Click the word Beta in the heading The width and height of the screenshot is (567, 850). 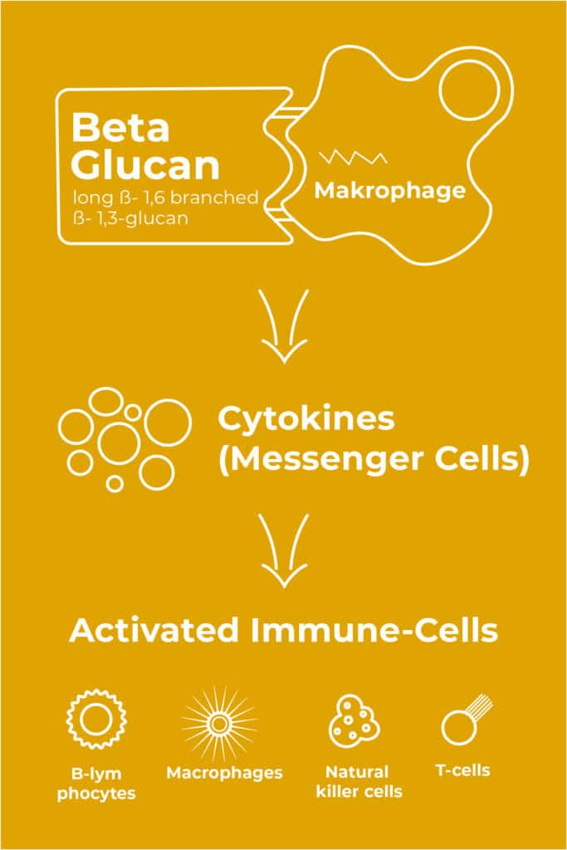pyautogui.click(x=120, y=129)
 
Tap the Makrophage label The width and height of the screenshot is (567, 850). pyautogui.click(x=389, y=190)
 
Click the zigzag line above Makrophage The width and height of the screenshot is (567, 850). pyautogui.click(x=353, y=158)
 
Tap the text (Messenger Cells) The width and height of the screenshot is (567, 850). pyautogui.click(x=373, y=460)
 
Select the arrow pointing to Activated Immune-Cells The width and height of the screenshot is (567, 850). pyautogui.click(x=284, y=551)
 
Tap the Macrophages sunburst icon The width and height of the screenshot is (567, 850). pyautogui.click(x=219, y=724)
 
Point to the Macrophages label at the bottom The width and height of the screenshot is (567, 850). pyautogui.click(x=224, y=773)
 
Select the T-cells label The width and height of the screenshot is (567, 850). pyautogui.click(x=463, y=770)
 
